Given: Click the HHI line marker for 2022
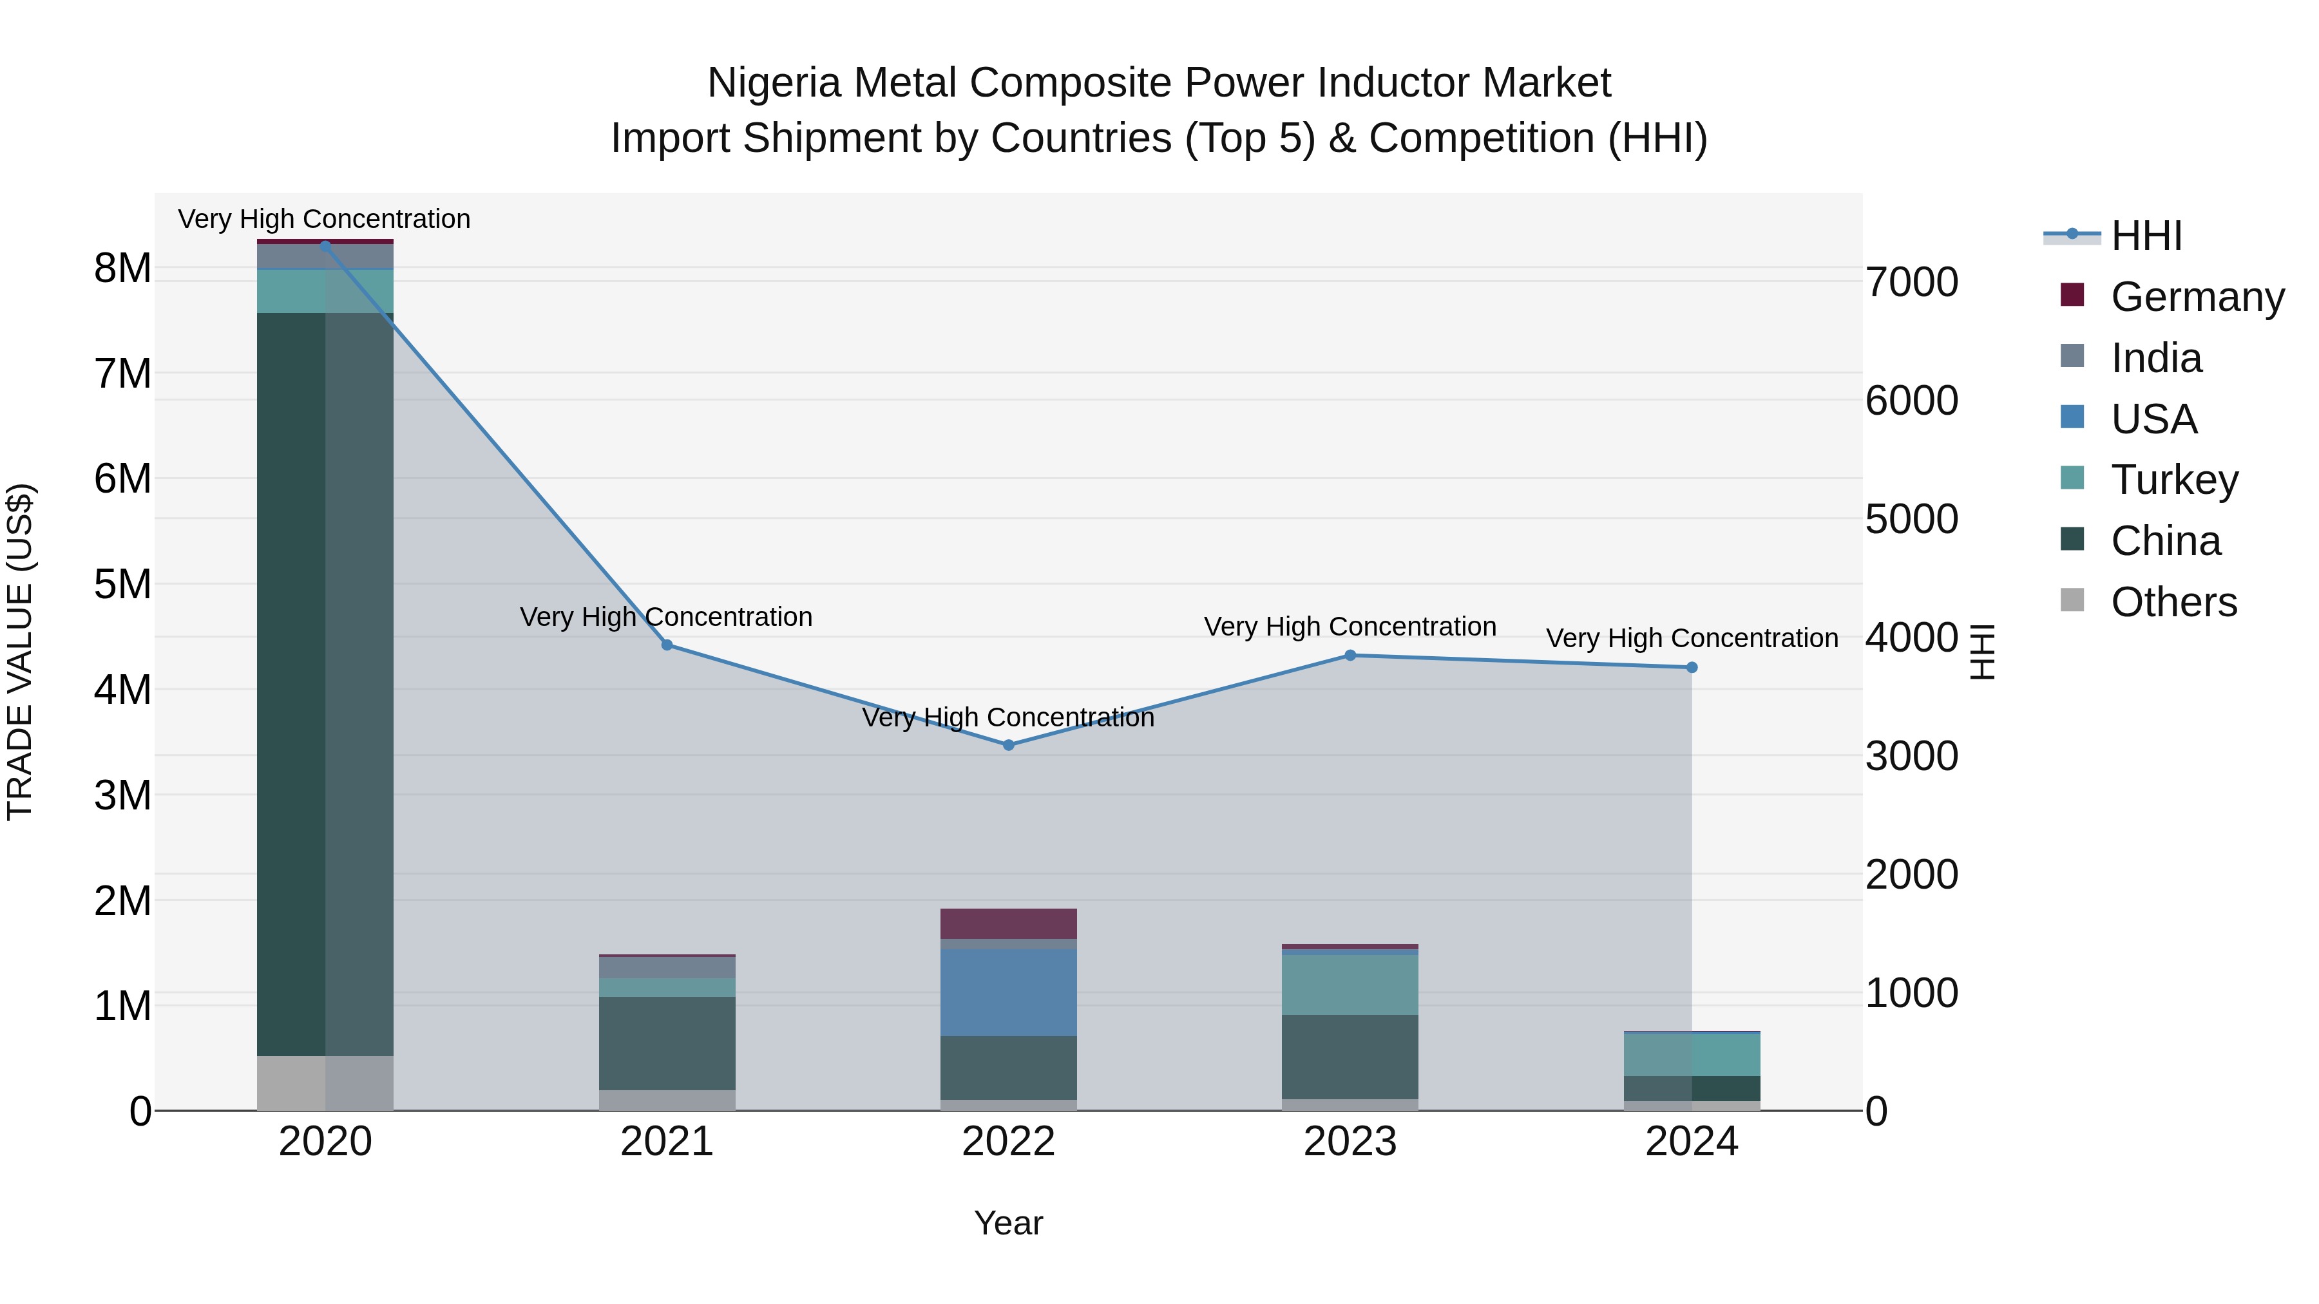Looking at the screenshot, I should [1008, 745].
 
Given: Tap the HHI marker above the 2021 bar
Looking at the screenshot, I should [667, 645].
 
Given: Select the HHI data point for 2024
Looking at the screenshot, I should [1692, 668].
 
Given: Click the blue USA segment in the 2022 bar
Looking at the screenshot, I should [1008, 992].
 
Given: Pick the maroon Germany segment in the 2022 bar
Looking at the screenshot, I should [1008, 923].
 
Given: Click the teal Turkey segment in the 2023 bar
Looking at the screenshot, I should [1350, 985].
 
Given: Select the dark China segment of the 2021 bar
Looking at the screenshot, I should [667, 1043].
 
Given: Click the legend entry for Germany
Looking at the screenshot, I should [2197, 297].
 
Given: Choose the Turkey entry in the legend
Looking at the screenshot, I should [2174, 480].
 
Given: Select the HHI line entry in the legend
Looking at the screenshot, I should [2146, 236].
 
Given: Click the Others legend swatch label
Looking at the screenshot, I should [2173, 602].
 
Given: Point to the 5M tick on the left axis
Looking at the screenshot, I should [122, 584].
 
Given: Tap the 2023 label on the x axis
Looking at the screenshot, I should [1350, 1142].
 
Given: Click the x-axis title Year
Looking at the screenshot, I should [1008, 1223].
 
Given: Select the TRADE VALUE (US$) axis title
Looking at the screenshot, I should [20, 652].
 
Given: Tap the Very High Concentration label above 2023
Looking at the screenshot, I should [1350, 627].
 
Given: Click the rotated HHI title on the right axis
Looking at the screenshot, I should [1981, 652].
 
